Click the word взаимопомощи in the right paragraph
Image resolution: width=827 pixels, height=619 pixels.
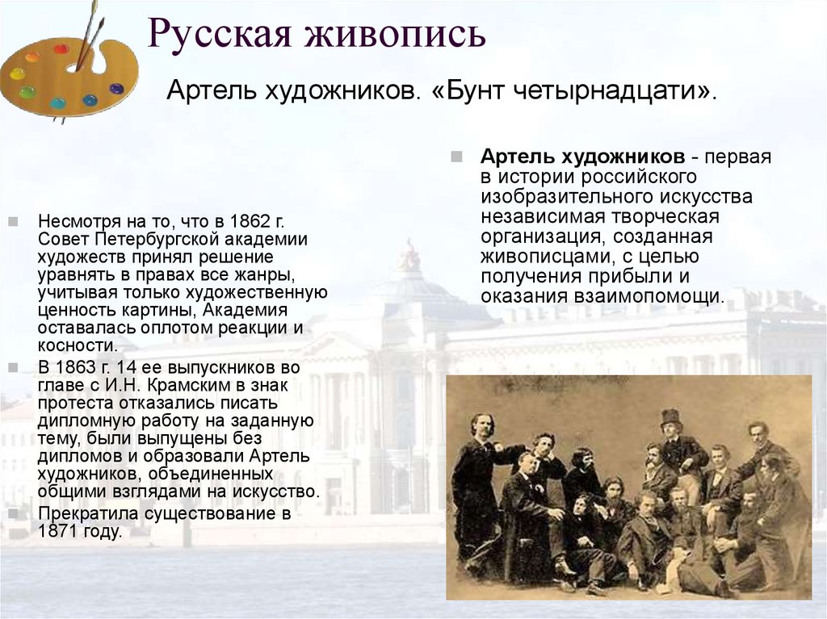(658, 295)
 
